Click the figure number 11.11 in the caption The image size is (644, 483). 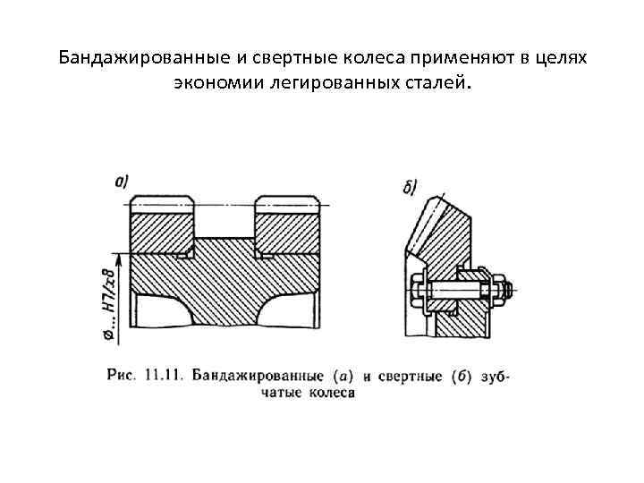(x=162, y=375)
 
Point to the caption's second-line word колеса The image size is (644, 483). (x=332, y=393)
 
